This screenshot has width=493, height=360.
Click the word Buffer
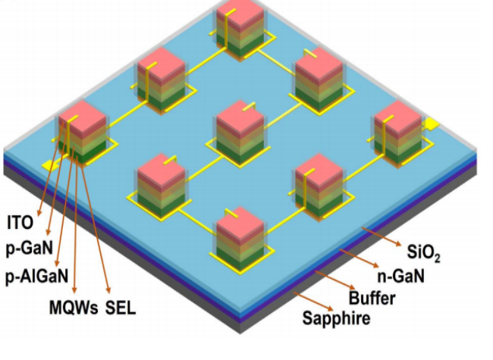point(372,298)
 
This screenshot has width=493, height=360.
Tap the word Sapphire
point(336,318)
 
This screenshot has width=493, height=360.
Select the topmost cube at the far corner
point(240,15)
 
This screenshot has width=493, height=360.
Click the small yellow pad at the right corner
point(432,123)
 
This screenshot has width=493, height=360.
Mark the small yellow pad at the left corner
point(49,164)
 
